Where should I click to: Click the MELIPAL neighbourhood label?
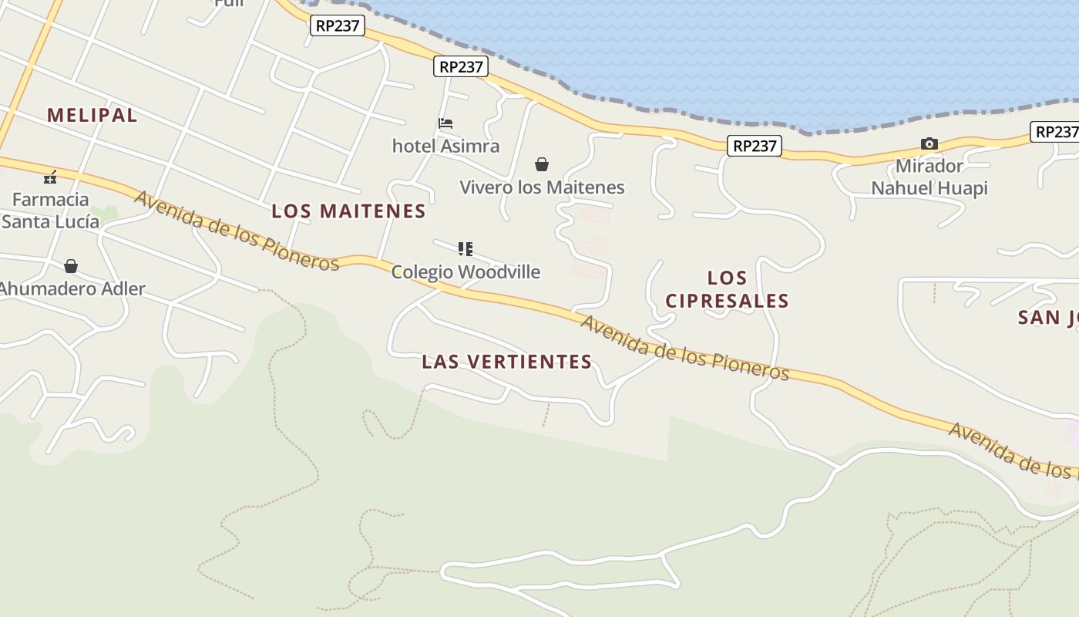[92, 116]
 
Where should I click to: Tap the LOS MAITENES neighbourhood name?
[348, 211]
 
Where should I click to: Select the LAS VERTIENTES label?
[506, 362]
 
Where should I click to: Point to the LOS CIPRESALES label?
[727, 289]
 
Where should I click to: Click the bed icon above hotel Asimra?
[445, 123]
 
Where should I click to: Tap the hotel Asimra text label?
[445, 146]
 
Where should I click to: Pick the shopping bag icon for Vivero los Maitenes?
[542, 164]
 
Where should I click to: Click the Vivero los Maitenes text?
[542, 187]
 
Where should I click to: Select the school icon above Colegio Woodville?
[465, 248]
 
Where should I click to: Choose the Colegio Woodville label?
[466, 272]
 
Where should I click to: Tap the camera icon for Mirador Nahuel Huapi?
[929, 144]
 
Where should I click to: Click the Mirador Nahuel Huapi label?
[929, 177]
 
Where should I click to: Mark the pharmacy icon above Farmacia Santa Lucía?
[50, 177]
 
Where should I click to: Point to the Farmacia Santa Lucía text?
[51, 211]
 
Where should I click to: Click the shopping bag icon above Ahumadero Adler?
[71, 266]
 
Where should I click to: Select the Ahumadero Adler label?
[72, 289]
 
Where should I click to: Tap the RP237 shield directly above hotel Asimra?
[461, 67]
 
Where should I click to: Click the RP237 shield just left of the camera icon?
[755, 146]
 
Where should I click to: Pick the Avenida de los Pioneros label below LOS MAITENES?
[237, 231]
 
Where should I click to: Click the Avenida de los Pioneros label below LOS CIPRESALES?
[684, 348]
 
